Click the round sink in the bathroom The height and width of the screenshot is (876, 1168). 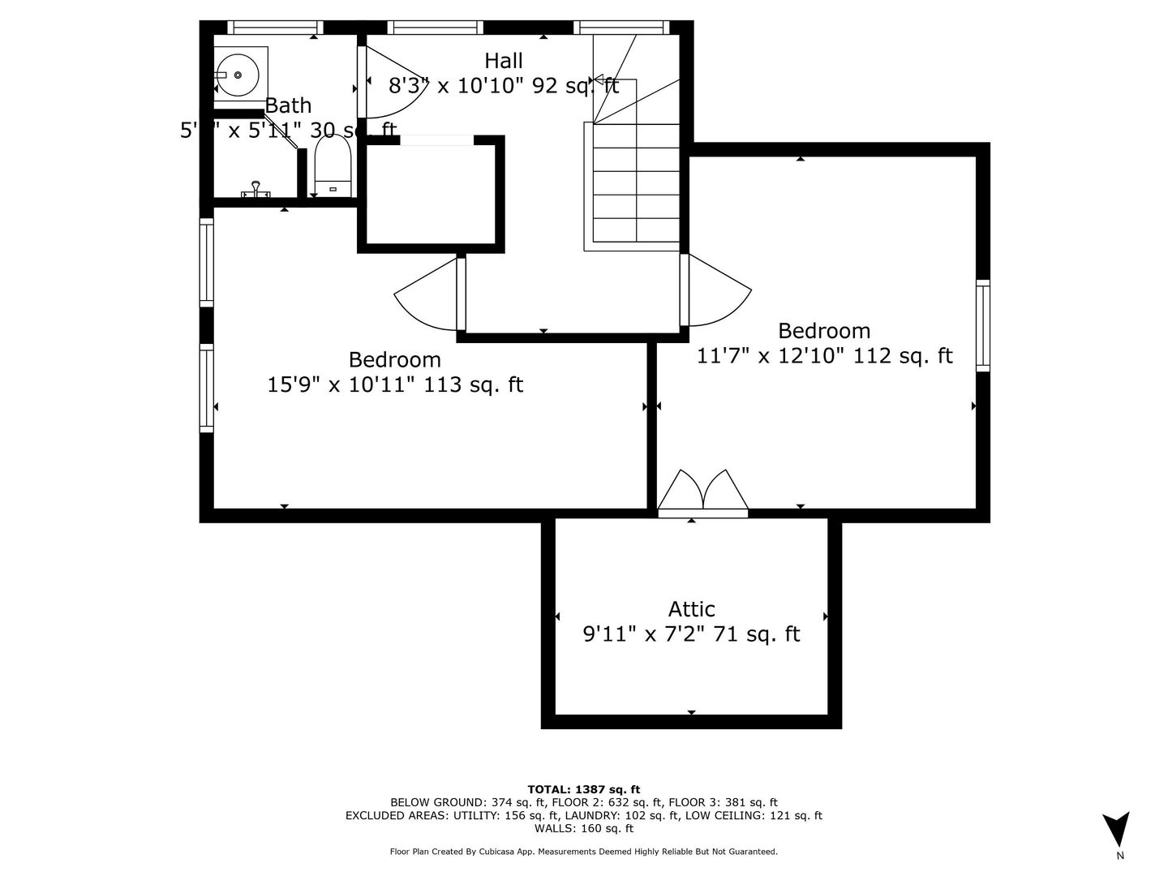[238, 75]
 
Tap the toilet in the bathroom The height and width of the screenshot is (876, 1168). [333, 167]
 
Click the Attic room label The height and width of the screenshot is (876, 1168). [691, 609]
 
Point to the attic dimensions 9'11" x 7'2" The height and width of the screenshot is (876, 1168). [691, 634]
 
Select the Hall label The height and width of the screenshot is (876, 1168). [504, 61]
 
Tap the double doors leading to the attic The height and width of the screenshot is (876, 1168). [703, 492]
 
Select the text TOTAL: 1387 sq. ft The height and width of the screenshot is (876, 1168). [583, 789]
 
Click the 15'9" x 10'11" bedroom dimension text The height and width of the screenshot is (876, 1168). [395, 384]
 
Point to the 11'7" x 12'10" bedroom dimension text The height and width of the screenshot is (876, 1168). [824, 356]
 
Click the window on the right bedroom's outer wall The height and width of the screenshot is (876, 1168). [982, 325]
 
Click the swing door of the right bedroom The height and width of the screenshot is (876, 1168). [718, 290]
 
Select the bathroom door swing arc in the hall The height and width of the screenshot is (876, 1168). [389, 81]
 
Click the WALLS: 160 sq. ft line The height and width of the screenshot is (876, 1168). [583, 828]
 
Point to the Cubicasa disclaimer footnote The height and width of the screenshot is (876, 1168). [583, 852]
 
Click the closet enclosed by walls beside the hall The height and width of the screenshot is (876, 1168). [432, 195]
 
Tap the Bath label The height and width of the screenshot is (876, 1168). [288, 105]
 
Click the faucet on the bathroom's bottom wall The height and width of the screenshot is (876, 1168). [255, 190]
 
